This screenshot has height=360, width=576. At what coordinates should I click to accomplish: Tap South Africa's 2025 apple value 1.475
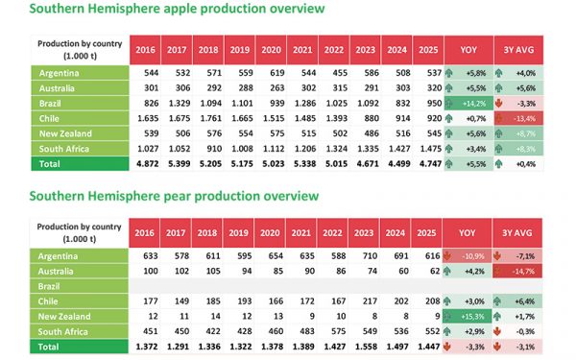pos(430,150)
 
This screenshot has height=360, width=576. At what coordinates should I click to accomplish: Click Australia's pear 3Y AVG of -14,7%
pos(530,272)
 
